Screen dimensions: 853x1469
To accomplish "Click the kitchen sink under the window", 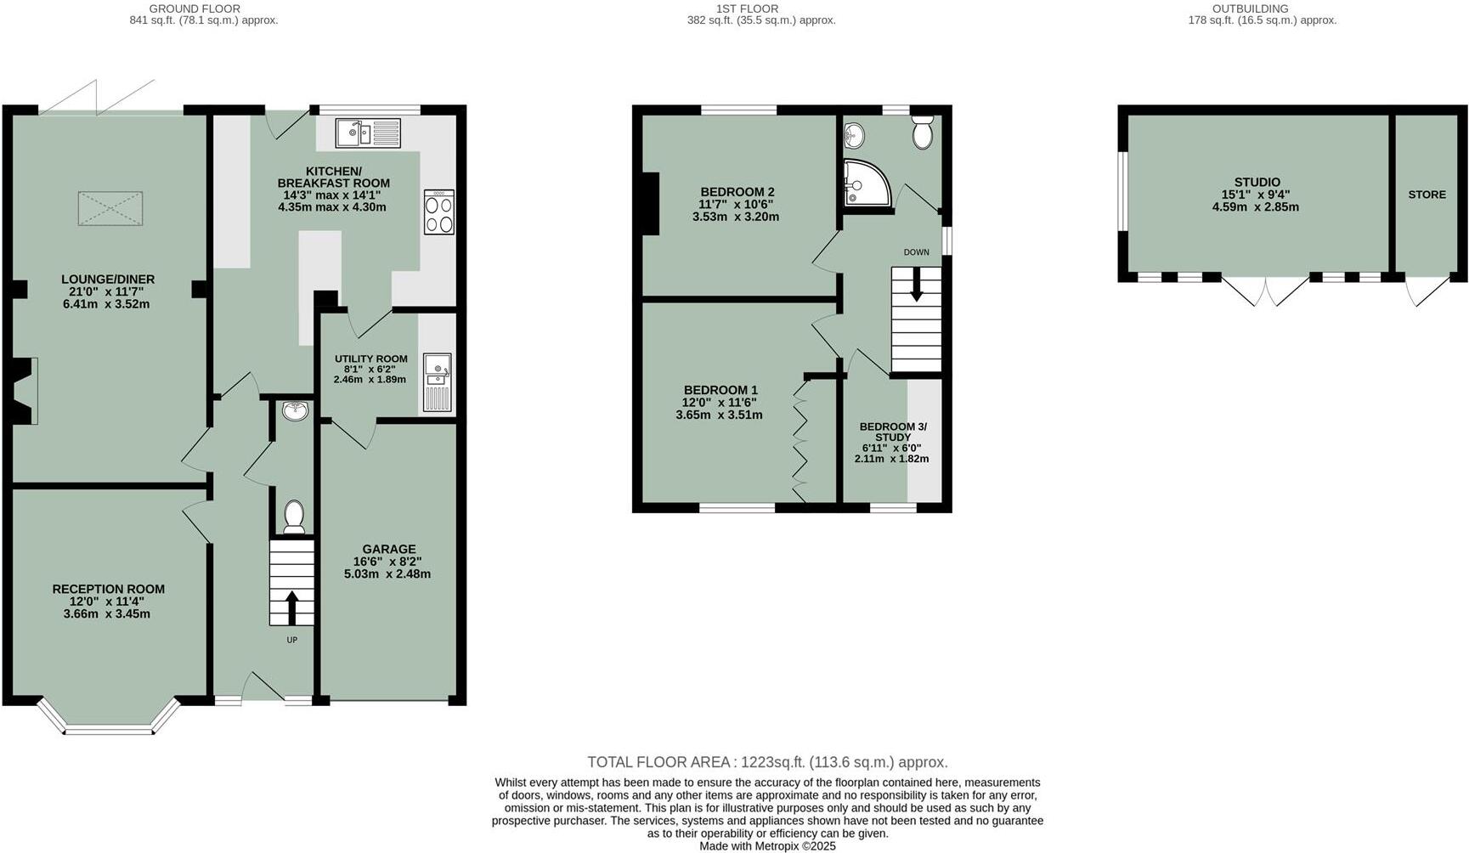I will click(x=368, y=133).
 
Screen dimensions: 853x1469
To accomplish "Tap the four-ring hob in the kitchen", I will click(x=438, y=212).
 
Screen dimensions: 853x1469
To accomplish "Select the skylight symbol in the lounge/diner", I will click(x=110, y=208).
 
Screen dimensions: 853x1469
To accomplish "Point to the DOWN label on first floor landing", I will click(x=916, y=252).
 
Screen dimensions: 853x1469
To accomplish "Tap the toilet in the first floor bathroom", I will click(x=922, y=133).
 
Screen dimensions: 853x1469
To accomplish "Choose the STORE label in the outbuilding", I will click(x=1427, y=195).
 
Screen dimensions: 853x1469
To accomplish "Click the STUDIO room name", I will click(x=1257, y=182).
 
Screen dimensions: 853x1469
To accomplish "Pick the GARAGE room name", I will click(x=388, y=549).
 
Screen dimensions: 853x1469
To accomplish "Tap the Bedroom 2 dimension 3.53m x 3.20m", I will click(x=735, y=217).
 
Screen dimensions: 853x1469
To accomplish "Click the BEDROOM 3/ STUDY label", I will click(x=893, y=432).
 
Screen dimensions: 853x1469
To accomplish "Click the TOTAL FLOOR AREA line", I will click(x=767, y=762).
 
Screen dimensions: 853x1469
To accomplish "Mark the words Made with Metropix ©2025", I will click(x=767, y=846).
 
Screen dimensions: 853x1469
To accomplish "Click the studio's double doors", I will click(x=1265, y=291).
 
